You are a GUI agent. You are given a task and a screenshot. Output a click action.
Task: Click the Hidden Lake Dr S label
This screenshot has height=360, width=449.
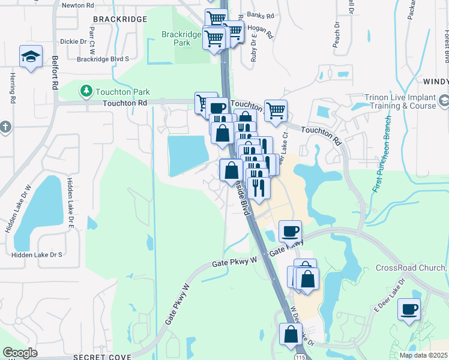(38, 255)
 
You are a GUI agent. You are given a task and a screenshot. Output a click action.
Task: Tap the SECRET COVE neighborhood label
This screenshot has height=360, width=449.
(102, 356)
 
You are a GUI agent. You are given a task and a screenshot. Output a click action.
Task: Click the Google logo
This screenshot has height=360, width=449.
(20, 353)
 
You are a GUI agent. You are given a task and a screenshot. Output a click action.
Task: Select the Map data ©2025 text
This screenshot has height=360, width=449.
(423, 355)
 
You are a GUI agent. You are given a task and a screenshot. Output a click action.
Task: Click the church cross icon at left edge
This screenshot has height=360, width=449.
(5, 127)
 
